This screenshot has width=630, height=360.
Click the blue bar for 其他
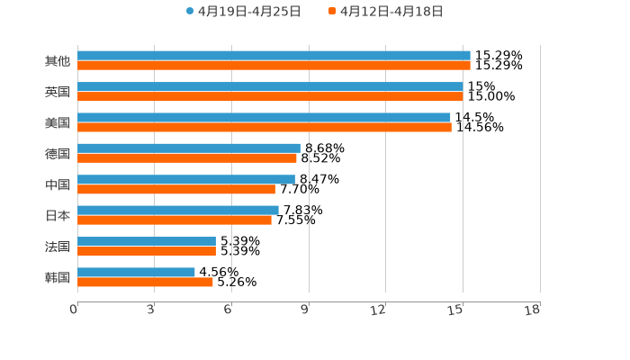(x=274, y=56)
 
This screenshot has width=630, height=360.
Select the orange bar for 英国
(x=270, y=96)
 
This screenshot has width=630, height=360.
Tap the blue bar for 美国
(x=264, y=117)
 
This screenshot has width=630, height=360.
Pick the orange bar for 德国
(x=187, y=157)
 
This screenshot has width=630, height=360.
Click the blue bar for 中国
(x=186, y=179)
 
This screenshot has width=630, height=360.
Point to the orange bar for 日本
(x=175, y=220)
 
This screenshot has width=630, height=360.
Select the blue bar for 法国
(x=147, y=241)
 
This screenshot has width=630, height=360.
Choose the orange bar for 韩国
(x=145, y=282)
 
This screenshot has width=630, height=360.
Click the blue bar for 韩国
(x=136, y=272)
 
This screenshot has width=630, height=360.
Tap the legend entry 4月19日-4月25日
(x=243, y=12)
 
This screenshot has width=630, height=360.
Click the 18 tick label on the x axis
(x=532, y=310)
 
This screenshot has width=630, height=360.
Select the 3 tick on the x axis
(x=150, y=310)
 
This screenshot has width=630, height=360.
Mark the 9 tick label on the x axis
(x=305, y=310)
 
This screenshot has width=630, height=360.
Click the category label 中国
(x=58, y=184)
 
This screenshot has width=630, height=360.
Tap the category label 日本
(x=58, y=215)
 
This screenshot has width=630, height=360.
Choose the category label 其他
(x=58, y=61)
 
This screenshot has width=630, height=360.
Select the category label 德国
(x=58, y=153)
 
